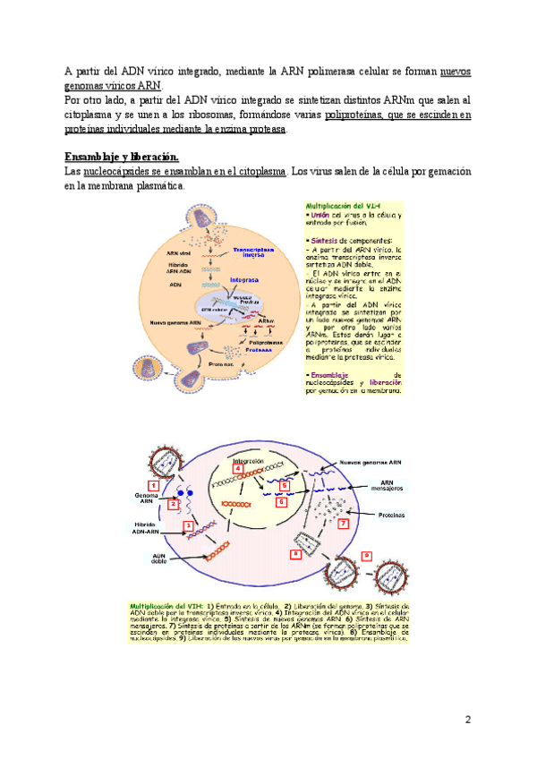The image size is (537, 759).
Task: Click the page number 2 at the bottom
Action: tap(466, 719)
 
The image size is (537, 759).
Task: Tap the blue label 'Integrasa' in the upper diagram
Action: tap(244, 279)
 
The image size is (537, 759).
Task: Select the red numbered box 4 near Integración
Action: tap(237, 468)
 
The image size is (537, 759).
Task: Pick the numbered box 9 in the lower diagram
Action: tap(366, 555)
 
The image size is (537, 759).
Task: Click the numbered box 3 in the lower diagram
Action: tap(188, 525)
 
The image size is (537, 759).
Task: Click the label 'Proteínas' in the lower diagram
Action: tap(391, 516)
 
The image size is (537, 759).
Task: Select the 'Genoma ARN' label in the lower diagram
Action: tap(147, 499)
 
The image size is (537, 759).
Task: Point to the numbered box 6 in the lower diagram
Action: tap(281, 502)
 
